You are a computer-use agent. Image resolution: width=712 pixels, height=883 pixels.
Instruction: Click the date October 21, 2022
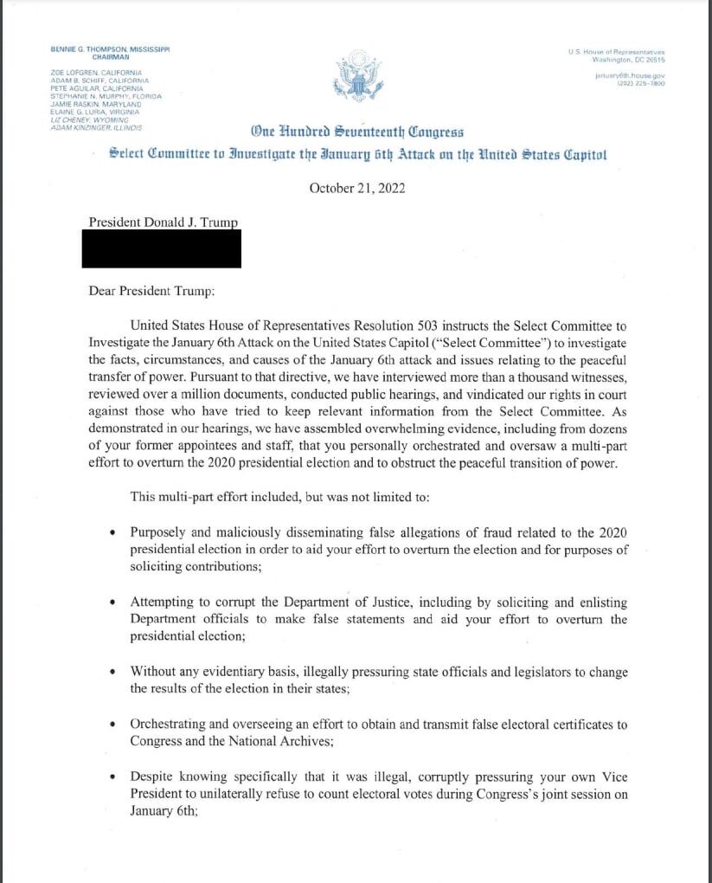pyautogui.click(x=356, y=188)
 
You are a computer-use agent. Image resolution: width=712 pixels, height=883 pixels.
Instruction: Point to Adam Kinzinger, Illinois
pyautogui.click(x=98, y=127)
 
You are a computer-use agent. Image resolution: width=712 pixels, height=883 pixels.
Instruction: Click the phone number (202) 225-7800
pyautogui.click(x=641, y=83)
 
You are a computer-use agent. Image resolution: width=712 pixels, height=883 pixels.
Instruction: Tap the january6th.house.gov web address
pyautogui.click(x=630, y=76)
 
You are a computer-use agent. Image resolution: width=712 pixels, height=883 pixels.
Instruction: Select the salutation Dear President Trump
pyautogui.click(x=151, y=291)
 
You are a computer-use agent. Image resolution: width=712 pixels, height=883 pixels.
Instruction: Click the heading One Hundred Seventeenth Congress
pyautogui.click(x=356, y=132)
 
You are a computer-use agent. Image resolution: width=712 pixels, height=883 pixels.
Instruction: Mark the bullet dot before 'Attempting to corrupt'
pyautogui.click(x=113, y=603)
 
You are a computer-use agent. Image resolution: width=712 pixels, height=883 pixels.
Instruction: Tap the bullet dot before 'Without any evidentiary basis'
pyautogui.click(x=113, y=672)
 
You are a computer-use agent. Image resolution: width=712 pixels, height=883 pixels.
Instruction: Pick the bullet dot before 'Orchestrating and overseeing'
pyautogui.click(x=113, y=724)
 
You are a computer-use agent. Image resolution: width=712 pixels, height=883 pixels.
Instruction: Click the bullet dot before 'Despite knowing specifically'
pyautogui.click(x=113, y=777)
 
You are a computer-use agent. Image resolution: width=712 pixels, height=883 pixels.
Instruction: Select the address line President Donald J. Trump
pyautogui.click(x=163, y=222)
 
